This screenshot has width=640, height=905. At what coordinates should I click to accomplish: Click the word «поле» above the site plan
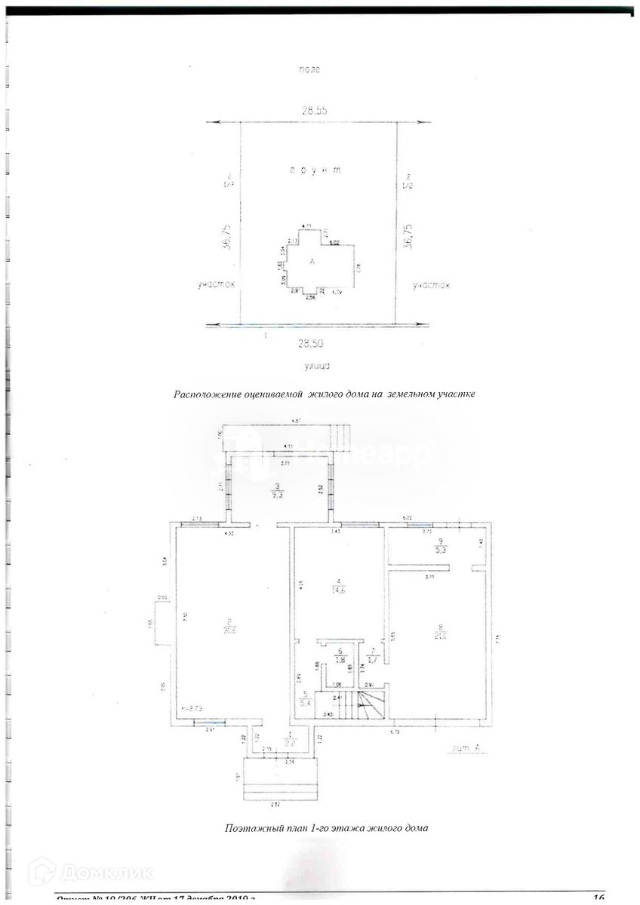(x=309, y=69)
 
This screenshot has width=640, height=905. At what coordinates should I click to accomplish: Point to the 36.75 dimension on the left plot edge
(x=226, y=236)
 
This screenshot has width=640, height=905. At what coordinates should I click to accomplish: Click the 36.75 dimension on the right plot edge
(x=408, y=236)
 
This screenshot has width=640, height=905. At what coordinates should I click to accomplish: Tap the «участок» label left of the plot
(x=216, y=285)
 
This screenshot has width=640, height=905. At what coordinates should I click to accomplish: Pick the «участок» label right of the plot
(x=431, y=285)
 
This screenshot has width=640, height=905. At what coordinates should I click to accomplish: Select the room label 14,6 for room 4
(x=341, y=592)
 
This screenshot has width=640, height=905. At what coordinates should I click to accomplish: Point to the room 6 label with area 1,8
(x=341, y=655)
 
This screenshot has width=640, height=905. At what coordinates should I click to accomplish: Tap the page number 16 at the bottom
(x=598, y=897)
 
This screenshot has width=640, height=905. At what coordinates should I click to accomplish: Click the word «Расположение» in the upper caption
(x=208, y=394)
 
